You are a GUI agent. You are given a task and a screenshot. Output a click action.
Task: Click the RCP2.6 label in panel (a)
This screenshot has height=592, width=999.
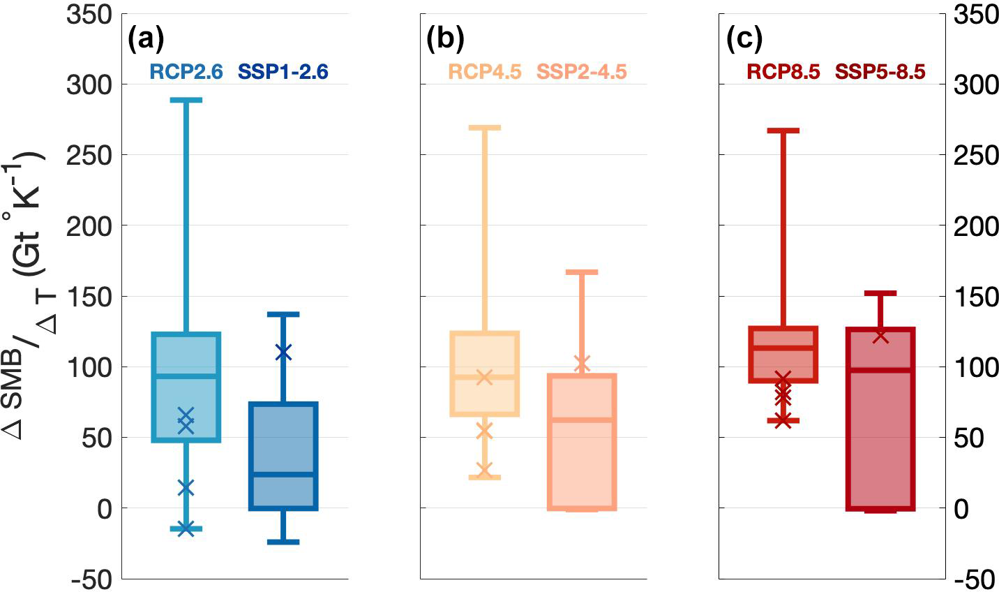tap(186, 71)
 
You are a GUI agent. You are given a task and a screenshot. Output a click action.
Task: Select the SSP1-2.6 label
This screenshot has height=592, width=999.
tap(283, 71)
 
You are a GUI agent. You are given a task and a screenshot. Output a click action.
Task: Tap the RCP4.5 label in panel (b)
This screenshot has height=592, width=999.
tap(485, 71)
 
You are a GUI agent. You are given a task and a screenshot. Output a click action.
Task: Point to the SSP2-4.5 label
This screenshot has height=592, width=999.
tap(582, 71)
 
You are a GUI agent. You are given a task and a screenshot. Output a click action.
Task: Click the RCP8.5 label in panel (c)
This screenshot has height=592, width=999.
tap(783, 71)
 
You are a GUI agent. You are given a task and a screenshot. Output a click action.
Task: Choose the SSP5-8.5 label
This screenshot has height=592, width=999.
tap(880, 71)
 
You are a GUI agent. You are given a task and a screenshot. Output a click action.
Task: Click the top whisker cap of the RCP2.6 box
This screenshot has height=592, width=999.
tap(186, 101)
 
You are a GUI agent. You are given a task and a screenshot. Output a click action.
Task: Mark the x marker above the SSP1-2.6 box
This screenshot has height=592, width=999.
tap(283, 353)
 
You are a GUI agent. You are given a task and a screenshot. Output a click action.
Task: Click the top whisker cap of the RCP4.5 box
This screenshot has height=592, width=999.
tap(485, 128)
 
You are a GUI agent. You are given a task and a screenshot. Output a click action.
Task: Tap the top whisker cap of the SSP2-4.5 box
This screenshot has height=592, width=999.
tap(582, 272)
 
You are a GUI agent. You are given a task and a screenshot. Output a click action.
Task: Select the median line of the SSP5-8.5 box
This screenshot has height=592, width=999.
tap(880, 369)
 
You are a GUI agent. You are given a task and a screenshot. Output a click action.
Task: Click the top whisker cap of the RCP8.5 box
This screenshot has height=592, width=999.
tap(783, 131)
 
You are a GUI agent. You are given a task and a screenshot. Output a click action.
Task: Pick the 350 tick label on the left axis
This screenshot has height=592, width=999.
tap(89, 14)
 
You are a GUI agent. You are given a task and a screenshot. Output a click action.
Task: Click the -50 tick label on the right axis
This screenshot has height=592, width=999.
tap(975, 579)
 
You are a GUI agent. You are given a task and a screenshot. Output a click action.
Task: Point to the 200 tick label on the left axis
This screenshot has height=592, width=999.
tap(89, 225)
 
